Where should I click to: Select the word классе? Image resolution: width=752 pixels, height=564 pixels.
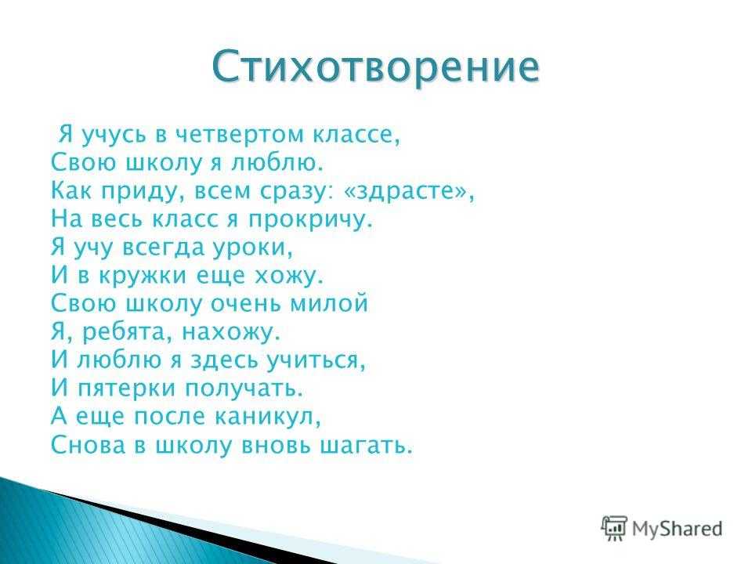pos(356,135)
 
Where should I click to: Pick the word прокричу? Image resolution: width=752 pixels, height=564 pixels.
pos(309,220)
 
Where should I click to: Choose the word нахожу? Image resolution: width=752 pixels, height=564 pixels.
pos(230,332)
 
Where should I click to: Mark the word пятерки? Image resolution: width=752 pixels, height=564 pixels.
pos(127,389)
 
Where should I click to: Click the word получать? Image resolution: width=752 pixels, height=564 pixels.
pos(244,389)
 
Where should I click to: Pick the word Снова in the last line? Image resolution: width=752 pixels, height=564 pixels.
pos(87,445)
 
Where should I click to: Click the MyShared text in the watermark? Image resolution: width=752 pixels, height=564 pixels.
pos(677,529)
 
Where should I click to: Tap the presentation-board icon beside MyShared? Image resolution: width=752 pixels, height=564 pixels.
pos(614,528)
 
